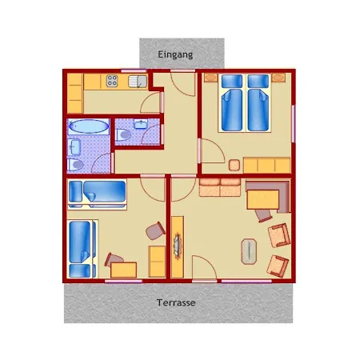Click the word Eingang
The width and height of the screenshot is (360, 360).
pyautogui.click(x=175, y=55)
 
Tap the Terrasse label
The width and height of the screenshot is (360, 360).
pyautogui.click(x=176, y=302)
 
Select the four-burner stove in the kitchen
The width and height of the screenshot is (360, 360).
pyautogui.click(x=112, y=81)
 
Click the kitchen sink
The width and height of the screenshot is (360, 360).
pyautogui.click(x=138, y=82)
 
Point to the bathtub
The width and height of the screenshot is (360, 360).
pyautogui.click(x=88, y=126)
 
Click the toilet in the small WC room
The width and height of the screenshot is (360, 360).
pyautogui.click(x=123, y=134)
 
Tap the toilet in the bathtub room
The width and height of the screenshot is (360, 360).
pyautogui.click(x=75, y=165)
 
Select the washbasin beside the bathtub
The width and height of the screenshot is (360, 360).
pyautogui.click(x=74, y=147)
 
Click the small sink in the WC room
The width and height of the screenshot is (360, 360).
pyautogui.click(x=141, y=124)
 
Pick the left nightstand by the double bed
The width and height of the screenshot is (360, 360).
pyautogui.click(x=210, y=78)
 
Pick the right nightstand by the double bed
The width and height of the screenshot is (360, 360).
pyautogui.click(x=278, y=78)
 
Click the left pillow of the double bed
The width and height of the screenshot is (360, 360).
pyautogui.click(x=232, y=81)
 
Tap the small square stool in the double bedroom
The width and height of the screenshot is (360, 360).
pyautogui.click(x=234, y=166)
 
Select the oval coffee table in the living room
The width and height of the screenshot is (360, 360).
pyautogui.click(x=249, y=251)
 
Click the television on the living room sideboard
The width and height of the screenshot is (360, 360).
pyautogui.click(x=178, y=246)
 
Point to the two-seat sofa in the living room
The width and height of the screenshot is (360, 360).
pyautogui.click(x=220, y=187)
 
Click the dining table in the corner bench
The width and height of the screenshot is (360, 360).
pyautogui.click(x=263, y=199)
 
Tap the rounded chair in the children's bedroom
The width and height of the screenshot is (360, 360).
pyautogui.click(x=156, y=230)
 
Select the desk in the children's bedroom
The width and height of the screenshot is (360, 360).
pyautogui.click(x=124, y=270)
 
